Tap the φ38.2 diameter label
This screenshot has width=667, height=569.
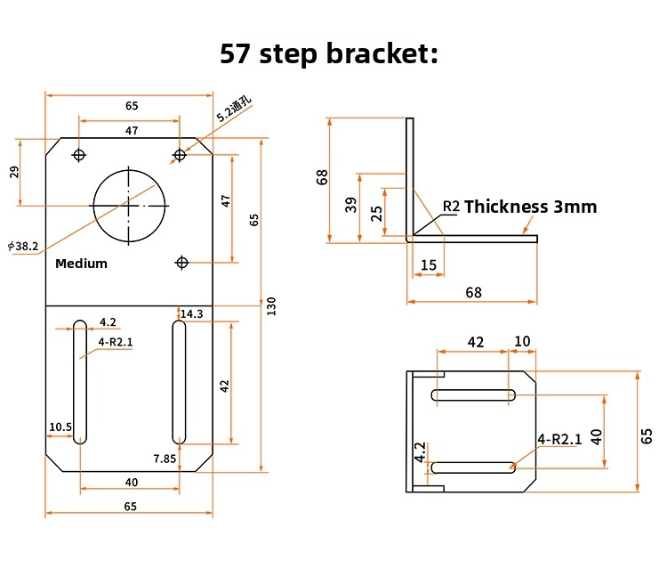(23, 246)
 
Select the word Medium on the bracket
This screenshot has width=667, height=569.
(81, 264)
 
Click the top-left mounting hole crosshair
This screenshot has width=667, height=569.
(79, 155)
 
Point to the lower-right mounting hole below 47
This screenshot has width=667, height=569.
(181, 263)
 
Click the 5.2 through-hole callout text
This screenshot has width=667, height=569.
(234, 110)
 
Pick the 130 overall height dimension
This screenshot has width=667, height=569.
(271, 305)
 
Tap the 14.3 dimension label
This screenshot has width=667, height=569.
(192, 314)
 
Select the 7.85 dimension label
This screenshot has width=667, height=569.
(165, 459)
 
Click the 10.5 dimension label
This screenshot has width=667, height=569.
(60, 427)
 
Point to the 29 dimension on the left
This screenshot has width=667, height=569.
(14, 172)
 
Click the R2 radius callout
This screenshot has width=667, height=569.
(451, 206)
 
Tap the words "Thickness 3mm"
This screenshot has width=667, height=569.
(530, 207)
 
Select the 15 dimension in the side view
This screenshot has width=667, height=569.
(429, 264)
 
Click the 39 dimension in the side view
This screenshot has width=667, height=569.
(351, 205)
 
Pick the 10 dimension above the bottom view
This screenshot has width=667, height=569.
(522, 341)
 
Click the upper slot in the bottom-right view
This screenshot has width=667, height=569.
(473, 395)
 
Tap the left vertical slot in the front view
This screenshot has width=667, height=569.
(80, 382)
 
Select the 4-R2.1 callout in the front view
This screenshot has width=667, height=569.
(116, 342)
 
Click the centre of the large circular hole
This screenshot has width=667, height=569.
(129, 206)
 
